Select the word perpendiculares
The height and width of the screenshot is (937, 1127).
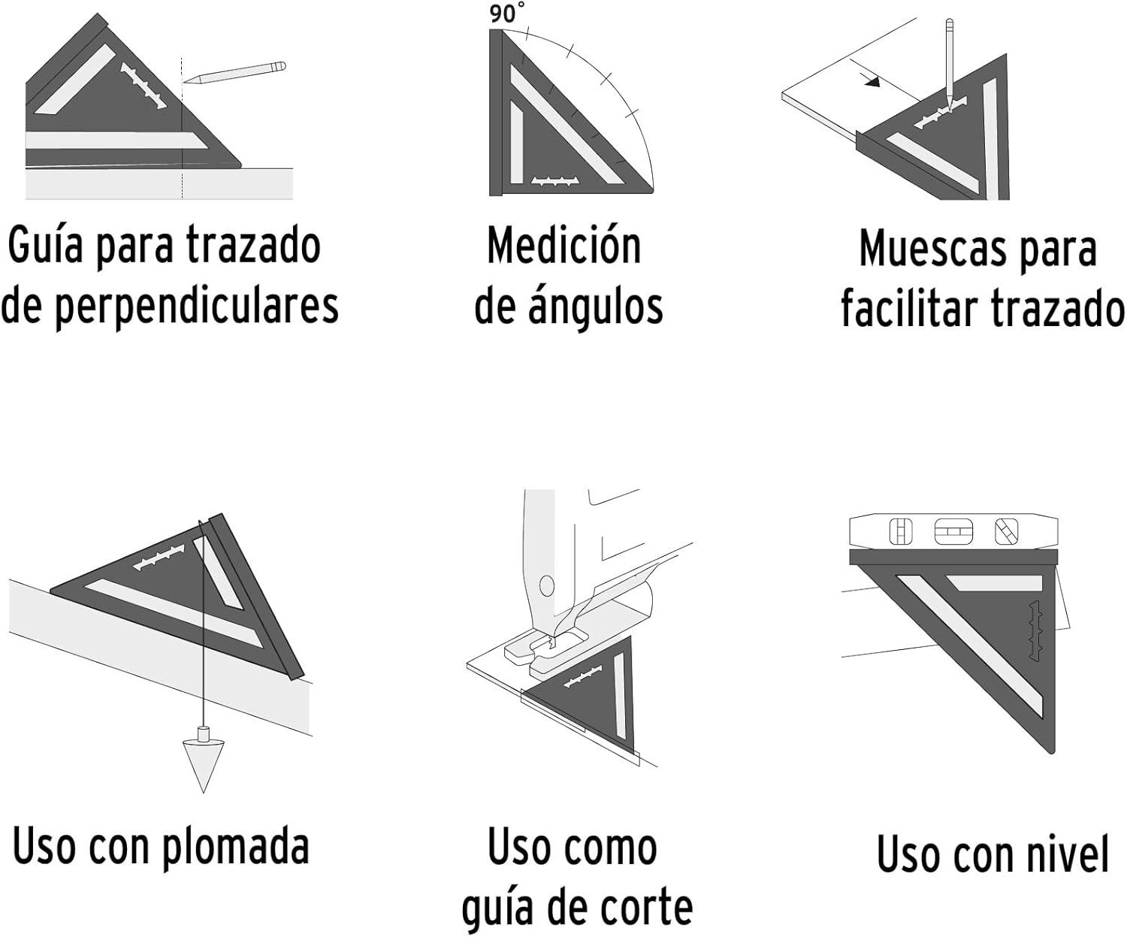(197, 307)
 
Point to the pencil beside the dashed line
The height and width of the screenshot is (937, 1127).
(234, 73)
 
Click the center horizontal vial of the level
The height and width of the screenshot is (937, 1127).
(953, 532)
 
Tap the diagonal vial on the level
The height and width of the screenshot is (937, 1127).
(1007, 532)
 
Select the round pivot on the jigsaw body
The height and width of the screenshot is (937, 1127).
(547, 585)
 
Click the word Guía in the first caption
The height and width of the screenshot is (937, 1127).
(45, 246)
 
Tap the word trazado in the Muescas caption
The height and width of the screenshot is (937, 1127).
(1058, 310)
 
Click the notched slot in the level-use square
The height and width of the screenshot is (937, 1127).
(1034, 630)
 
